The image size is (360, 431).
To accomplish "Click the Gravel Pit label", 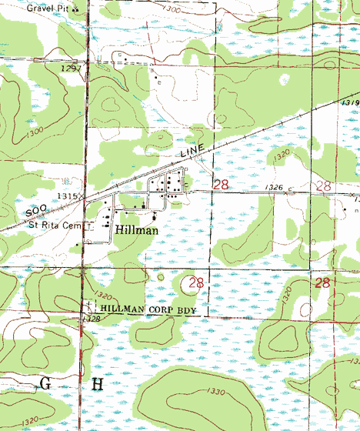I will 48,8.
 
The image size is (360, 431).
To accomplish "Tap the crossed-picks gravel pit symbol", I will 75,9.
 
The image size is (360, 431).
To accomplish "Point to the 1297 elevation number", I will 71,68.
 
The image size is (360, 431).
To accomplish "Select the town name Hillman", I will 138,229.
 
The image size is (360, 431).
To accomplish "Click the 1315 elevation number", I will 67,196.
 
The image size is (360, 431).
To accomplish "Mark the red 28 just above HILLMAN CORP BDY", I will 196,282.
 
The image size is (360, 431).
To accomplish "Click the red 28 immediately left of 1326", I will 221,185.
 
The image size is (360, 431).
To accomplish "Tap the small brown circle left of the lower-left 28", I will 161,276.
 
